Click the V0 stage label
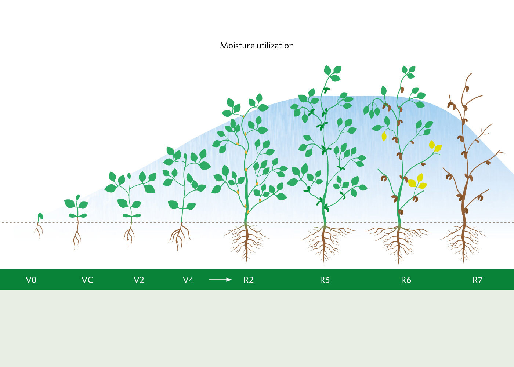[31, 280]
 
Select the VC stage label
[87, 280]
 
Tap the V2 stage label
[139, 280]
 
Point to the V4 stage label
[188, 280]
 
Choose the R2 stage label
[249, 280]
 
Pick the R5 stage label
[325, 280]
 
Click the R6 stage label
[406, 280]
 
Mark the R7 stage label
[478, 280]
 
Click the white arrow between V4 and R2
[220, 280]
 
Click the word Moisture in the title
[237, 46]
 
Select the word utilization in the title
[275, 46]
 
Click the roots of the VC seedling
[77, 236]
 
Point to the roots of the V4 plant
[180, 237]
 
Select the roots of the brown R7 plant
[463, 243]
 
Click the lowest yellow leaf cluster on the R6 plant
[417, 182]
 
